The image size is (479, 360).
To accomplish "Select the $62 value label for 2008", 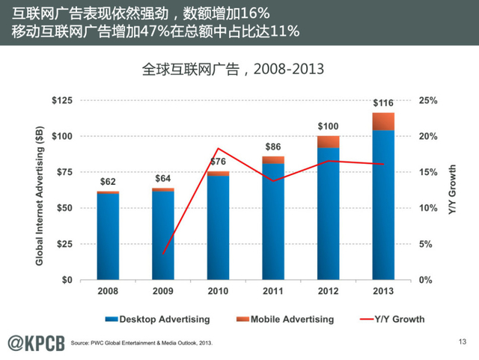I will pyautogui.click(x=109, y=182).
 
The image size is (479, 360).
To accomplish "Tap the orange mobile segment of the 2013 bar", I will pyautogui.click(x=382, y=121).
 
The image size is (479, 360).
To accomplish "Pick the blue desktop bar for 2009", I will pyautogui.click(x=163, y=235).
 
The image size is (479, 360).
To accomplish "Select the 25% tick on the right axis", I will pyautogui.click(x=427, y=100).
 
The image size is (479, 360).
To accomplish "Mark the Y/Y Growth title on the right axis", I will pyautogui.click(x=452, y=190).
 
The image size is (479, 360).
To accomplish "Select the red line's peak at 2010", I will pyautogui.click(x=218, y=148).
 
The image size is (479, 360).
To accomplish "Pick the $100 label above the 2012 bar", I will pyautogui.click(x=328, y=126).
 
